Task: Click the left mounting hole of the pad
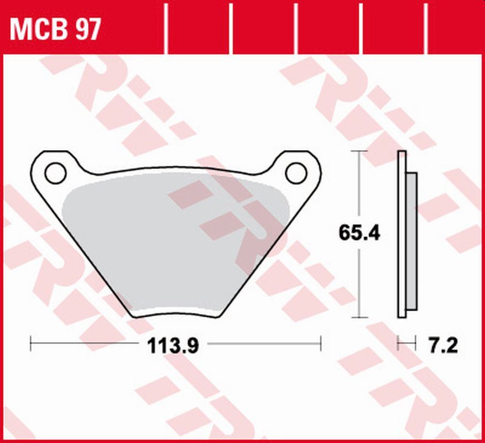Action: click(x=55, y=173)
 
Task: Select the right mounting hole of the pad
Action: click(x=296, y=173)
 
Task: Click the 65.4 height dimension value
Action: click(x=359, y=233)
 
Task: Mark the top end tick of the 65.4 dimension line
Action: click(x=359, y=151)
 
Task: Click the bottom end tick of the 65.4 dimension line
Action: click(x=359, y=317)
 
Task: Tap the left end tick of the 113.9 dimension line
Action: click(x=30, y=344)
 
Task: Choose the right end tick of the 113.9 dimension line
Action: click(x=321, y=344)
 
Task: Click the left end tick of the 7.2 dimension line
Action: click(x=398, y=344)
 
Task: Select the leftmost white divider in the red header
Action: click(x=166, y=27)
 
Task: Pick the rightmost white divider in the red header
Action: click(x=426, y=27)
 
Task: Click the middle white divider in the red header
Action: click(x=296, y=27)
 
